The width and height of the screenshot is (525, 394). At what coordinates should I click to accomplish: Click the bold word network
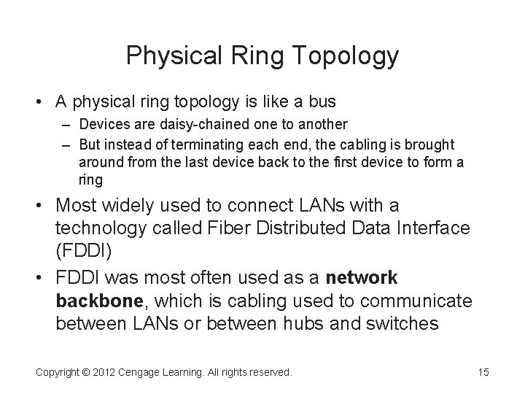coord(362,278)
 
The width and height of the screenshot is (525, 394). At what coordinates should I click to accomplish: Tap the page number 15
coord(483,372)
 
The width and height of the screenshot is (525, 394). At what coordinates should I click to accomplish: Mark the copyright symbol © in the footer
coord(86,372)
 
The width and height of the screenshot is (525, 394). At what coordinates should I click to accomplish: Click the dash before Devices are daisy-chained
coord(69,125)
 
